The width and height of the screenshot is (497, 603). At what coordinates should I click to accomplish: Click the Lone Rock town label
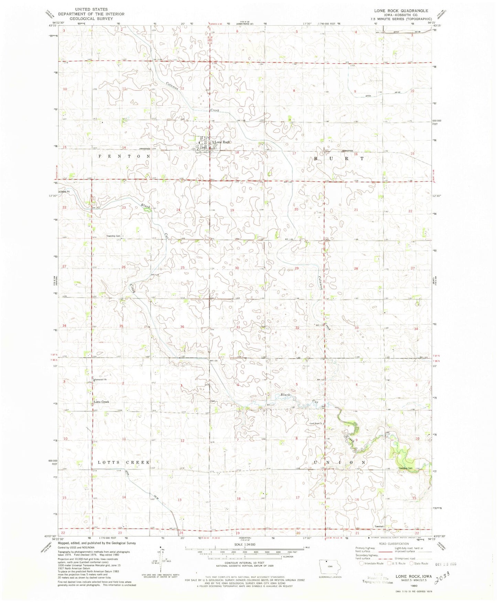[222, 142]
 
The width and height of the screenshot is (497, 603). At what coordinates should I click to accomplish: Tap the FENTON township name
[125, 156]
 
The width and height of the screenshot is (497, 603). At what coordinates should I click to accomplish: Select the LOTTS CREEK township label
[124, 462]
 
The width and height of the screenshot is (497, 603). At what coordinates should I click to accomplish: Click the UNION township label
[339, 462]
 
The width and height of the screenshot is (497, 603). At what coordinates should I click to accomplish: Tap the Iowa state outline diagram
[328, 566]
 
